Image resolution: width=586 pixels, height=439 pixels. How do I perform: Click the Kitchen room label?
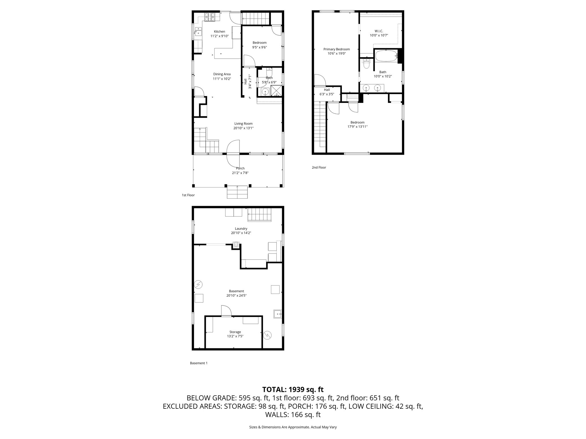click(219, 31)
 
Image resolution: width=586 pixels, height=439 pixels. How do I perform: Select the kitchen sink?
click(198, 31)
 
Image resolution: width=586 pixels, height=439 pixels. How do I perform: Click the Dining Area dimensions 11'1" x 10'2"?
click(222, 79)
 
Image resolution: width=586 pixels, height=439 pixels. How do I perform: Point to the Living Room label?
click(243, 123)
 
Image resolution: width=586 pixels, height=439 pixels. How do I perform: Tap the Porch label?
click(240, 168)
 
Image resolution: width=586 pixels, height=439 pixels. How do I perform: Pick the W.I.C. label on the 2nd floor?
click(379, 31)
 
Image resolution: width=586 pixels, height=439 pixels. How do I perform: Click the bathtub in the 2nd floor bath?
click(386, 56)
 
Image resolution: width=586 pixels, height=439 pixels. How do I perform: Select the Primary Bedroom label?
click(336, 49)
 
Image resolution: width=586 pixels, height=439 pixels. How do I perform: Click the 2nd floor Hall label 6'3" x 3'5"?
click(327, 91)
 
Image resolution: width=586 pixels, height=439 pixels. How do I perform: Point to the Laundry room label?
click(241, 229)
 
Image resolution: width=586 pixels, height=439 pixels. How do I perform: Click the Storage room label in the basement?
click(235, 332)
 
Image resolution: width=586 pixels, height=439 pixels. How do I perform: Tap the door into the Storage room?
click(226, 311)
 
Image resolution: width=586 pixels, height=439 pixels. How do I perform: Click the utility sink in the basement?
click(278, 314)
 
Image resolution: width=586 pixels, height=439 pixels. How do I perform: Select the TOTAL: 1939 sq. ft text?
click(293, 389)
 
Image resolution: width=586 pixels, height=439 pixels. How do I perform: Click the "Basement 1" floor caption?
click(199, 363)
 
